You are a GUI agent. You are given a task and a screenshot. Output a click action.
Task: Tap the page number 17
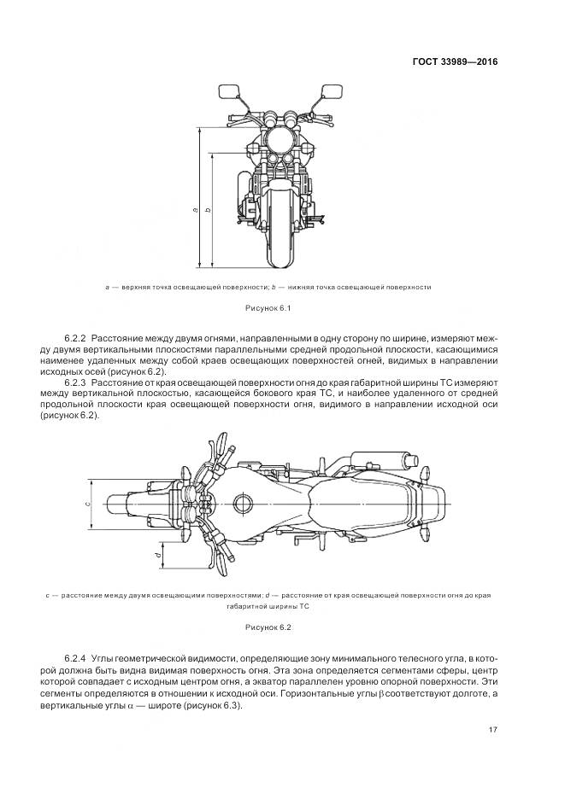(x=493, y=729)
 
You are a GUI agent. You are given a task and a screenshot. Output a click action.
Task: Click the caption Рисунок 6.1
(x=268, y=307)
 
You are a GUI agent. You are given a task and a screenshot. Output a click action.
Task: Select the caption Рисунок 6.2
(x=268, y=627)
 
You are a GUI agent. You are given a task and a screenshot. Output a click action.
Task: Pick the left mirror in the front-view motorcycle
(x=229, y=90)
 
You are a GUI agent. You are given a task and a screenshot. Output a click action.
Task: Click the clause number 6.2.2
(x=74, y=339)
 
